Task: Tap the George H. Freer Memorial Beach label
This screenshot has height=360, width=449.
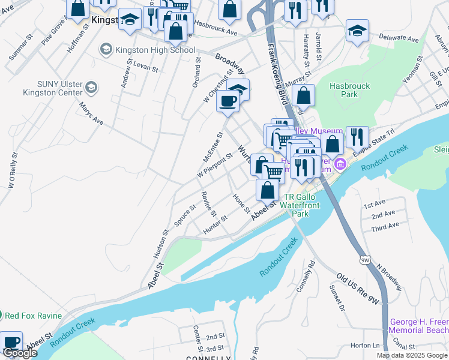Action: pos(418,326)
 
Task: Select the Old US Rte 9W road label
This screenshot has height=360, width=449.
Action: pos(357,290)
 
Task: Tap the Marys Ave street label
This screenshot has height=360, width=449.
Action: pos(90,113)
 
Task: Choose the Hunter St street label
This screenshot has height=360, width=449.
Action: pos(215,224)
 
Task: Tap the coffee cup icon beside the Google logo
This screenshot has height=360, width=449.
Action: pos(11,341)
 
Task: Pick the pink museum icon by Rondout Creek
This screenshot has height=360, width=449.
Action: pos(340,164)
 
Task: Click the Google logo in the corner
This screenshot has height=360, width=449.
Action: pos(20,353)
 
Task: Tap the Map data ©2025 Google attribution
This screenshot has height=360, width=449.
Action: pos(412,355)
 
